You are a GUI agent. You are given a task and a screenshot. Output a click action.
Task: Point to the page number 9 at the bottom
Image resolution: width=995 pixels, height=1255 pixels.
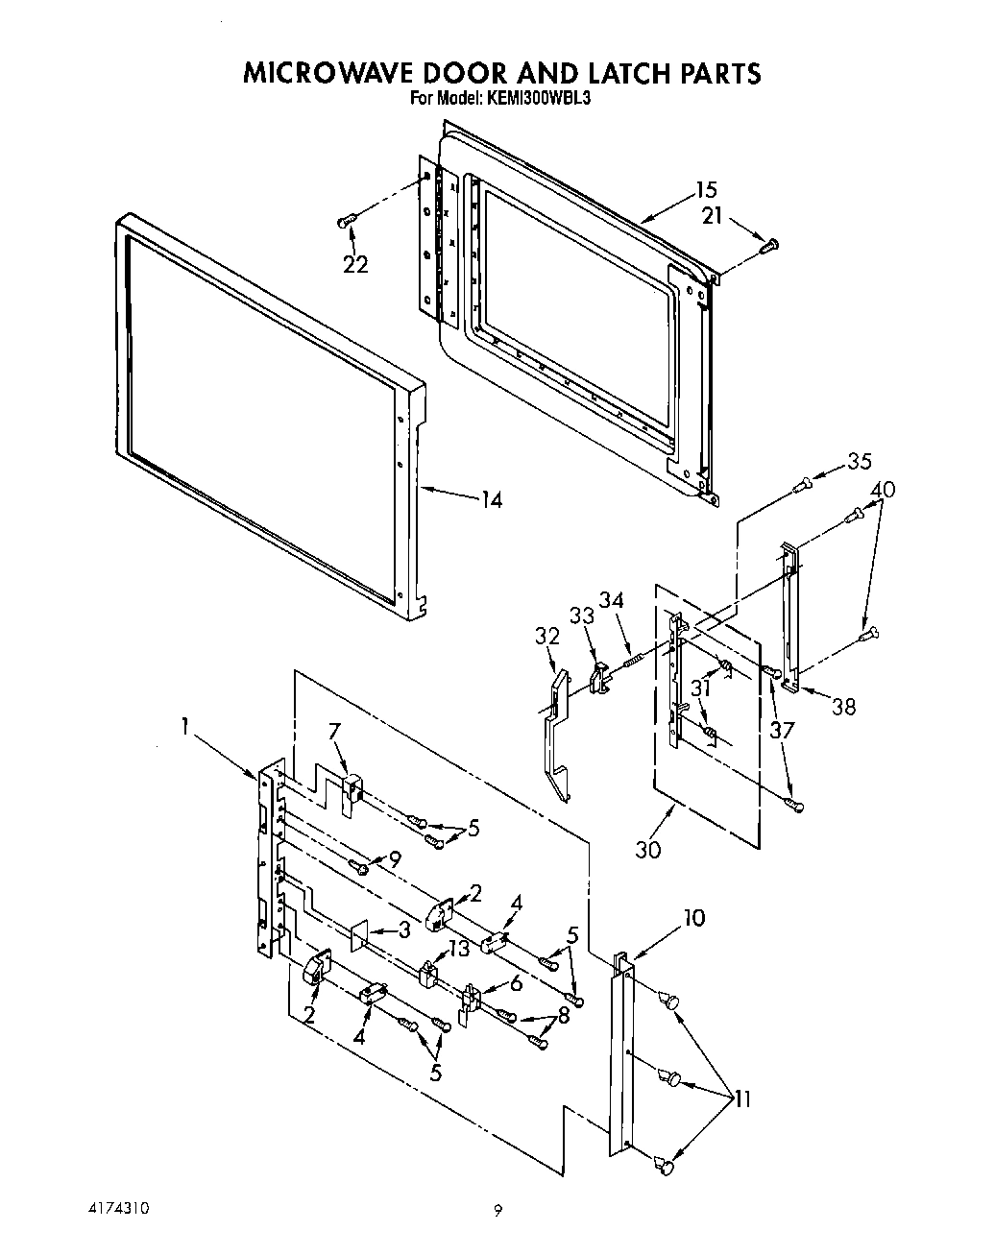pyautogui.click(x=497, y=1212)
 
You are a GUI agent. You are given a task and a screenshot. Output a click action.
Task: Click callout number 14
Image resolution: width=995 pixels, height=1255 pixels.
pyautogui.click(x=491, y=500)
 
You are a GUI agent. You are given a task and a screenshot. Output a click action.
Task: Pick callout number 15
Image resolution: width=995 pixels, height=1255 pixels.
pyautogui.click(x=706, y=190)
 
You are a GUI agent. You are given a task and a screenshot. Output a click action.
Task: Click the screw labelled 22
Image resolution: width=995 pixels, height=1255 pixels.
pyautogui.click(x=346, y=222)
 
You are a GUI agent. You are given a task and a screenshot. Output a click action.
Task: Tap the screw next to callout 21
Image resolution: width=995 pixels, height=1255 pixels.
pyautogui.click(x=768, y=246)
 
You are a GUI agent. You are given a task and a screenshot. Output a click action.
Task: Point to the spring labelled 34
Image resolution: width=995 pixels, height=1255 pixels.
pyautogui.click(x=633, y=660)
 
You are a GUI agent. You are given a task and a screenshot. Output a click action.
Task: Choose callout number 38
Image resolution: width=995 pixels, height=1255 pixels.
pyautogui.click(x=842, y=707)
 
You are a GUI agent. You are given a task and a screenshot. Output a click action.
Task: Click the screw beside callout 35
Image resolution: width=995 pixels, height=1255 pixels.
pyautogui.click(x=801, y=487)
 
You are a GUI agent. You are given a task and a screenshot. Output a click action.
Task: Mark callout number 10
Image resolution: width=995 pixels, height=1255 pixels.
pyautogui.click(x=692, y=918)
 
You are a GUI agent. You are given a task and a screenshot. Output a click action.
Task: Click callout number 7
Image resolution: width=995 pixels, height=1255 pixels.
pyautogui.click(x=334, y=733)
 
